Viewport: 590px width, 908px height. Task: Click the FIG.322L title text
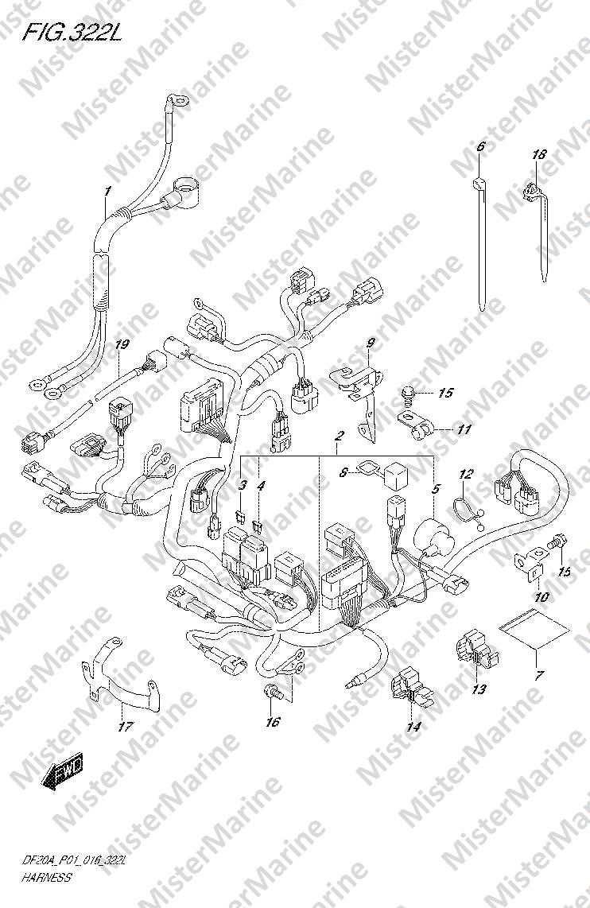coord(72,33)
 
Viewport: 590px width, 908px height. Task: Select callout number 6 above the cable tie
coord(480,147)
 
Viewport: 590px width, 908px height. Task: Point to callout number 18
coord(539,154)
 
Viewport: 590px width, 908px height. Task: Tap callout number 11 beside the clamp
coord(480,429)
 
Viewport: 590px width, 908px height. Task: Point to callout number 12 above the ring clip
coord(467,474)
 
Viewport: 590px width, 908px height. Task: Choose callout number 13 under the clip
coord(479,689)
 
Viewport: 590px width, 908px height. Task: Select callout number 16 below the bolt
coord(273,721)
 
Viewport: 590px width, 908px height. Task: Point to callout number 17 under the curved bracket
coord(126,727)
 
